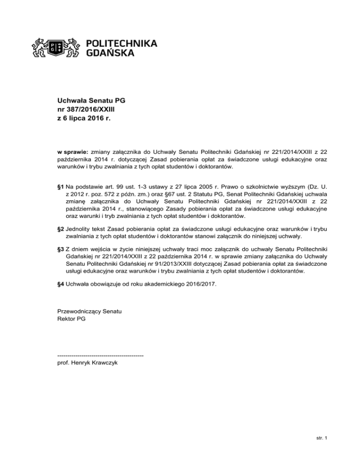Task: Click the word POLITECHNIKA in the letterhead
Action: [122, 43]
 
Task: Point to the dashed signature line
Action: [100, 355]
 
